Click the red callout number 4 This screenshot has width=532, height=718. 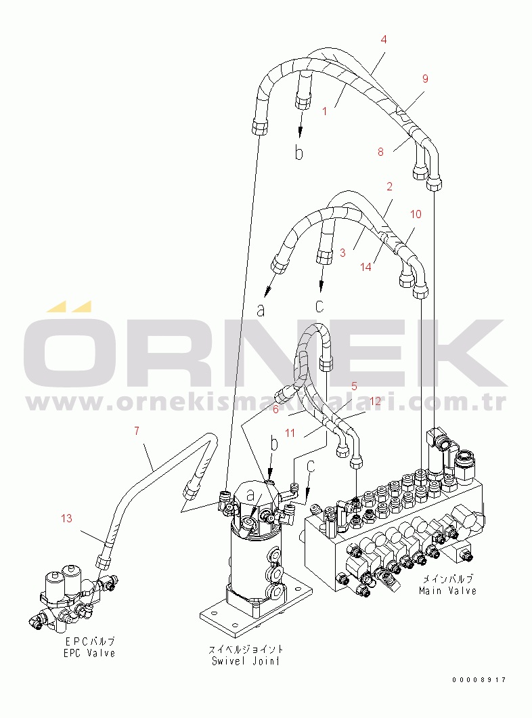click(x=384, y=39)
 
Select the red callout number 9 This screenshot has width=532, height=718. click(x=425, y=79)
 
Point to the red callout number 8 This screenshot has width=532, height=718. click(x=380, y=152)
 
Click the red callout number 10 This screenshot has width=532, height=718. click(x=416, y=214)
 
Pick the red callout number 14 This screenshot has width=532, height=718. click(x=366, y=267)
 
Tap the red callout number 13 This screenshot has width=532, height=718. click(x=66, y=518)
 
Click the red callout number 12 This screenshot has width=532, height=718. click(x=374, y=400)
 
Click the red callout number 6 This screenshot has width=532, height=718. click(x=275, y=408)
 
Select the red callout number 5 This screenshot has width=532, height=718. click(x=354, y=386)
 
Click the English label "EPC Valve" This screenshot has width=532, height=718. click(x=90, y=653)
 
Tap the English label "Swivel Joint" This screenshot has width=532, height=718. click(x=246, y=661)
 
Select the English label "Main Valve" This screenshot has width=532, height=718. click(x=447, y=591)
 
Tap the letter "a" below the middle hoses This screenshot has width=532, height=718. click(x=261, y=310)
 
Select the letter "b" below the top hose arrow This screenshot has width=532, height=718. click(x=298, y=154)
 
